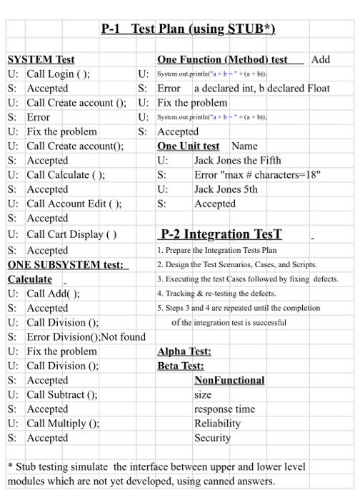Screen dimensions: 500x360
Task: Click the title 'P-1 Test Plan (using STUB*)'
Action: point(187,29)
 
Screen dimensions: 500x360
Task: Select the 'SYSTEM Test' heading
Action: point(41,59)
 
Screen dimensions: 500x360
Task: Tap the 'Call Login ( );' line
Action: point(59,74)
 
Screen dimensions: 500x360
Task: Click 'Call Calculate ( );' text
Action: point(66,174)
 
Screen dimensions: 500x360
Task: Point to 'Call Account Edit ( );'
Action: point(74,204)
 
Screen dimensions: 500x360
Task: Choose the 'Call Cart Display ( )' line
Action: point(72,234)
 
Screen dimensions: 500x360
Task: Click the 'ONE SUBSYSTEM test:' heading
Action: point(68,264)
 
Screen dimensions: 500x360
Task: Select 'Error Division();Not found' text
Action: point(86,336)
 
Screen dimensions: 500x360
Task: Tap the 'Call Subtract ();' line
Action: point(62,394)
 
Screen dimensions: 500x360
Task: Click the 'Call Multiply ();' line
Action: point(63,423)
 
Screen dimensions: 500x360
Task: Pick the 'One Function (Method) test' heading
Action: point(222,59)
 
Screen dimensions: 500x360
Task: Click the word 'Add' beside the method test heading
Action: point(321,59)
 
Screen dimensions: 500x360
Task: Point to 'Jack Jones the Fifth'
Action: point(239,161)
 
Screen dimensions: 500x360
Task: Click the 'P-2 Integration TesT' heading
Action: point(221,234)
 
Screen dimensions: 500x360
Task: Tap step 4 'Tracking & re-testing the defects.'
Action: point(226,294)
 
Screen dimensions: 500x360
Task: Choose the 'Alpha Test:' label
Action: point(184,351)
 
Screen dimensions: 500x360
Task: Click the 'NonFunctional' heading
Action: point(229,380)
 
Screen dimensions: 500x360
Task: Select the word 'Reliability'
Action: point(217,423)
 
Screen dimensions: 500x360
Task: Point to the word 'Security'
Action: point(212,437)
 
